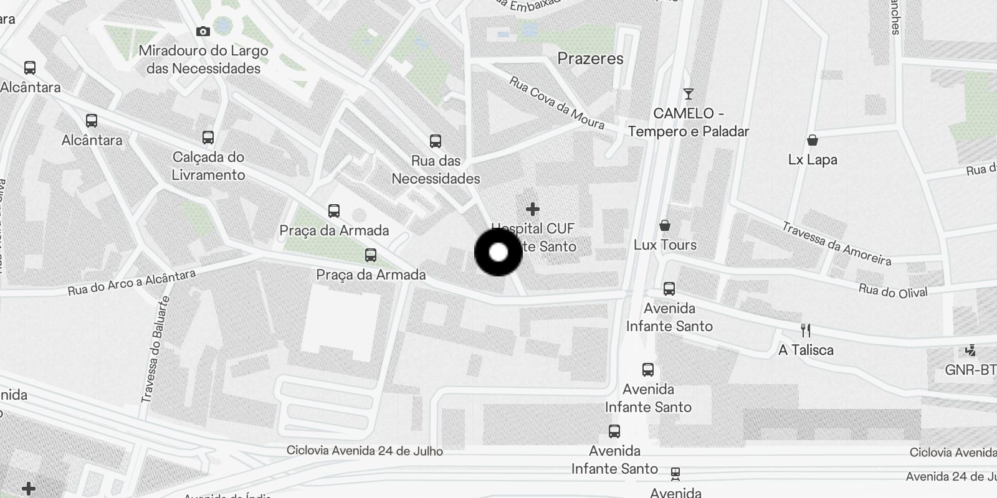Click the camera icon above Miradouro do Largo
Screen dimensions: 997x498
203,31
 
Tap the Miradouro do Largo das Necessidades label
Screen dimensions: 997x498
204,60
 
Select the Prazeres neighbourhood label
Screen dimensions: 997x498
590,59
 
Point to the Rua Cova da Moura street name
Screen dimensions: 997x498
556,103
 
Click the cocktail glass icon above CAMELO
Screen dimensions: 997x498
689,94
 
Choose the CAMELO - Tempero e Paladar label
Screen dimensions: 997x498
689,123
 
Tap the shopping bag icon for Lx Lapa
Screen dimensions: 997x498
813,140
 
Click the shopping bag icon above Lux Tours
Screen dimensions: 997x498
665,225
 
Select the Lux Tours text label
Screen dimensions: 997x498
665,245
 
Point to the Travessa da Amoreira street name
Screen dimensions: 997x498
836,243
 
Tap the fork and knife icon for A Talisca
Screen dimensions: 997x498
806,331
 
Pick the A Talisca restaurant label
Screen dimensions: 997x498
806,350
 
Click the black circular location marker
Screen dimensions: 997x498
499,252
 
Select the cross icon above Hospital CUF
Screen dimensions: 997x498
532,209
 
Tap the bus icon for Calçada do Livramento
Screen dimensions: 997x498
208,138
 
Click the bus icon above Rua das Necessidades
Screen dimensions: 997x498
436,141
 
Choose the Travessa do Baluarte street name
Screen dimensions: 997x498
156,349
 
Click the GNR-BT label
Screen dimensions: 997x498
970,370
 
